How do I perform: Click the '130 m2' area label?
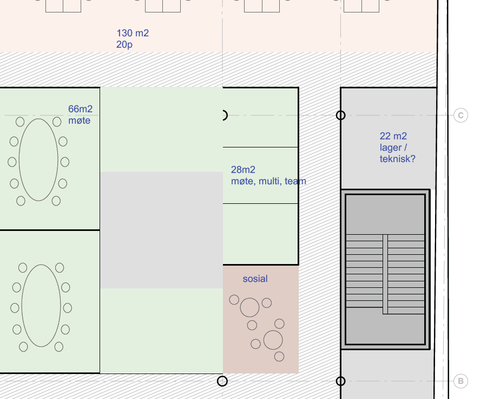point(133,33)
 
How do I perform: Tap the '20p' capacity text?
point(124,44)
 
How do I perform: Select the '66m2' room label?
point(80,109)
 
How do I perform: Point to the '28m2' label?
point(243,170)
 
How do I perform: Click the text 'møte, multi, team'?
point(268,181)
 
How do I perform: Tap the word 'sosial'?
point(255,279)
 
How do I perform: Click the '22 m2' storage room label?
point(393,136)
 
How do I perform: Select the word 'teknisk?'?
point(397,159)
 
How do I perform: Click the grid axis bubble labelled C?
point(460,115)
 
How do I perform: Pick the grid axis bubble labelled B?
point(460,381)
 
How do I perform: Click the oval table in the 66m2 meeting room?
point(38,160)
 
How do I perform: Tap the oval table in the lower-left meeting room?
point(41,306)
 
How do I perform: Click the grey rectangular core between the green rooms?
point(161,230)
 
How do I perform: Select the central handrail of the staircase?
point(385,274)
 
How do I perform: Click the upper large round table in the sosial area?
point(249,307)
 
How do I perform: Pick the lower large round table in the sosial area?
point(273,340)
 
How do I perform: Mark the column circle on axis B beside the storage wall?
point(341,381)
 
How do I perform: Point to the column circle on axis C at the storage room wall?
point(341,115)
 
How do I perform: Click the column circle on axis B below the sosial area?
point(222,381)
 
